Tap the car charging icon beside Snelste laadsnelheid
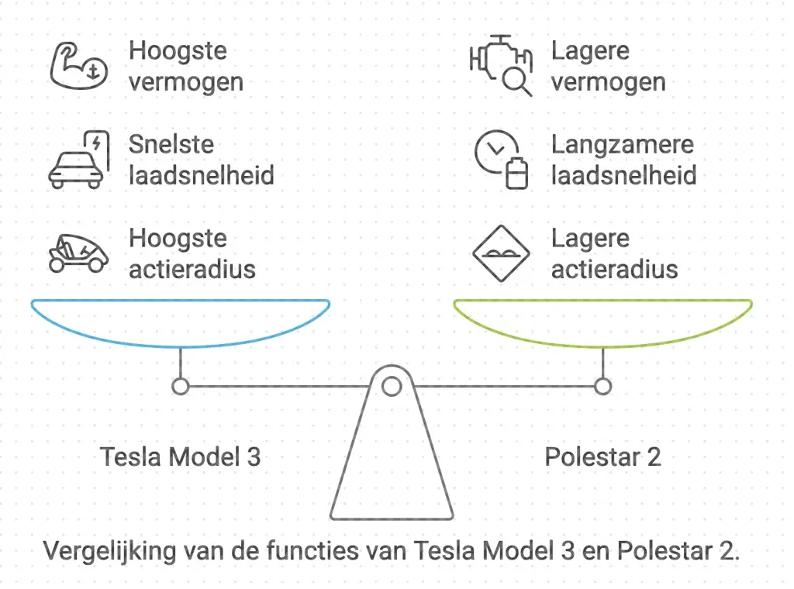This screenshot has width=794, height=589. click(77, 160)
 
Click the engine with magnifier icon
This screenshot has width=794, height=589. click(502, 65)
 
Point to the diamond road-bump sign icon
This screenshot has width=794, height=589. click(501, 253)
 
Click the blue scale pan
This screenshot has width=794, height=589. click(181, 322)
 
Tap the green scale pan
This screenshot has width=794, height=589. click(602, 322)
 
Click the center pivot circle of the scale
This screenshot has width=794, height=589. click(392, 385)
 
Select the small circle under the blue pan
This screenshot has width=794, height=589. click(181, 386)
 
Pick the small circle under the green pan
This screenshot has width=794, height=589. click(602, 386)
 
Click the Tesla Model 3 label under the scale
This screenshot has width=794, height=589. click(180, 456)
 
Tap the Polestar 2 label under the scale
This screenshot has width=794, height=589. click(602, 456)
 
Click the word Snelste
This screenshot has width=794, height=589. click(171, 145)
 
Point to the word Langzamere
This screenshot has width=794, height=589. click(622, 145)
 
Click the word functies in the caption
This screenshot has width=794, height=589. click(358, 552)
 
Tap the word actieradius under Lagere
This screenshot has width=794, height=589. click(614, 269)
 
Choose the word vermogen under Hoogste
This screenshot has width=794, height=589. click(186, 81)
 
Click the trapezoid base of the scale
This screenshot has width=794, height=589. click(392, 465)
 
